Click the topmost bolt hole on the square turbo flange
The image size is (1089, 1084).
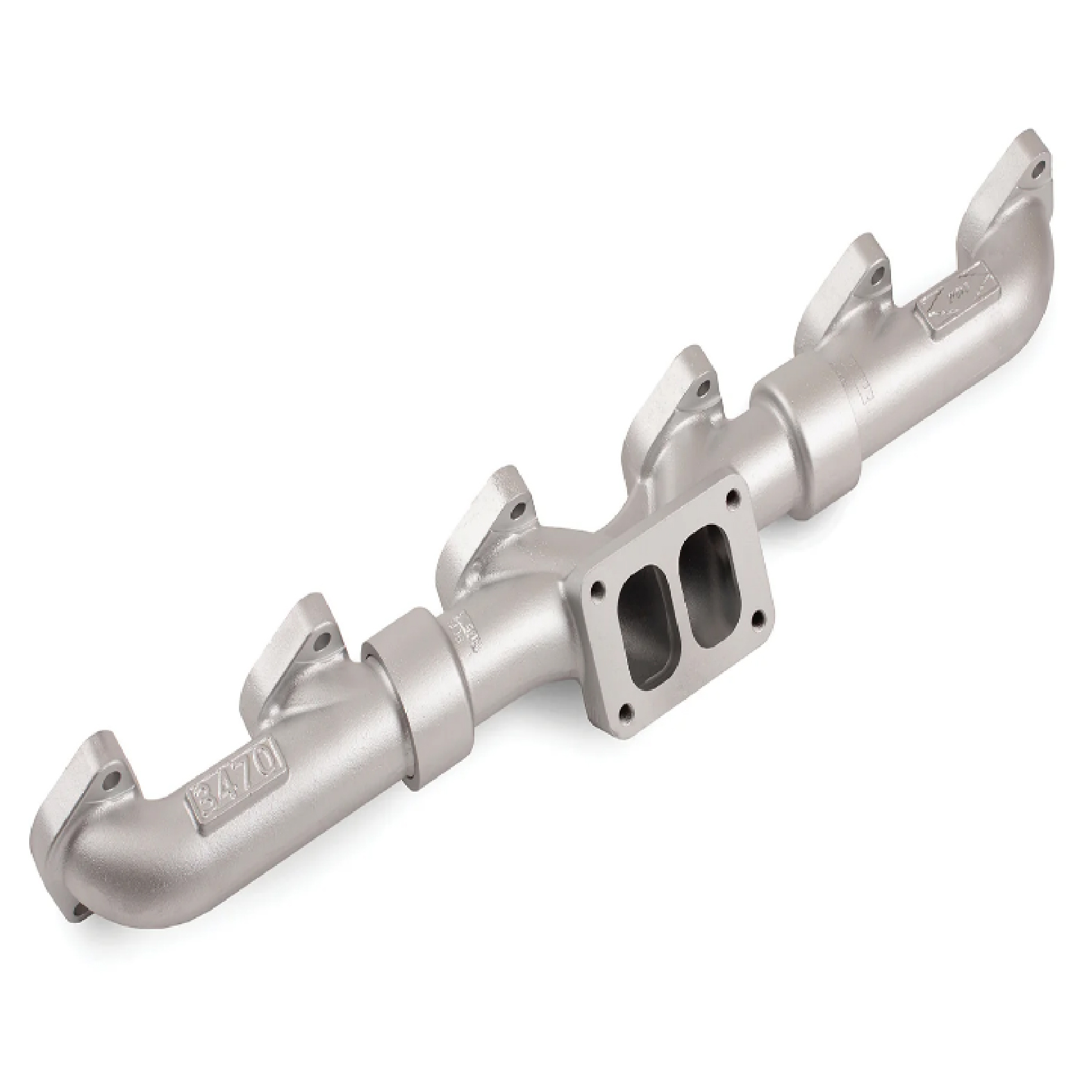click(731, 497)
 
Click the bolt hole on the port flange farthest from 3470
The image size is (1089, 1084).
click(1039, 167)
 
